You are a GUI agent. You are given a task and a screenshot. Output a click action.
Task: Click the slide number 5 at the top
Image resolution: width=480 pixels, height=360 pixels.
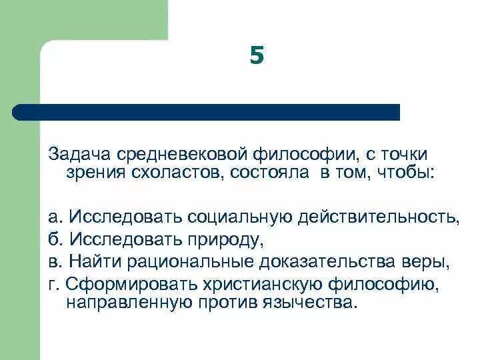257,56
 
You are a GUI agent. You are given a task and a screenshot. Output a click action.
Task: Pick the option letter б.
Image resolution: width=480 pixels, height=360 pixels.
53,239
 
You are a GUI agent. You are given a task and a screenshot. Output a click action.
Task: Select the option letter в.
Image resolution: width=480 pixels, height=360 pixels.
53,261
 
